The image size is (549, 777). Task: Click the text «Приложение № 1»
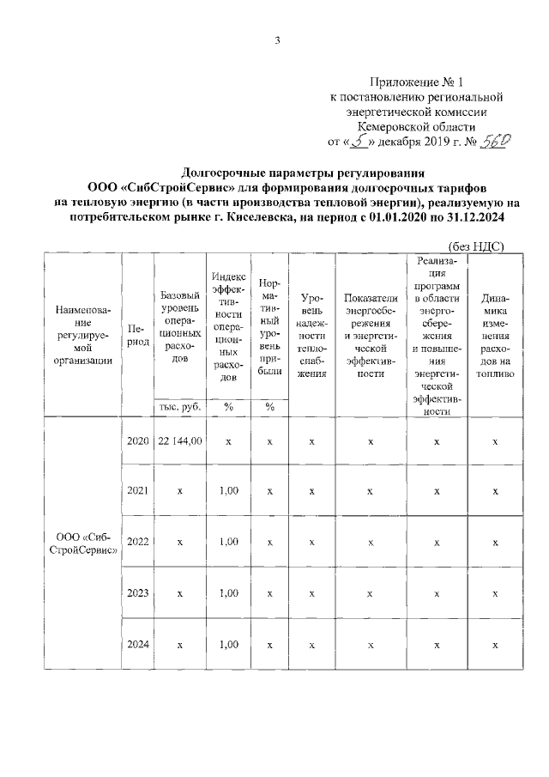point(415,82)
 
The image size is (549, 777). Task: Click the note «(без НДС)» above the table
point(476,246)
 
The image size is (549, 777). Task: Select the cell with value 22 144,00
point(179,441)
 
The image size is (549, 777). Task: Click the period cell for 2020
point(137,441)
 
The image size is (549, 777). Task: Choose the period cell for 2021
point(137,491)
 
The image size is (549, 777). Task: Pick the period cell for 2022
point(137,542)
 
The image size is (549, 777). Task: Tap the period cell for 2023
point(137,592)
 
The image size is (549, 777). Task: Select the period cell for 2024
point(137,643)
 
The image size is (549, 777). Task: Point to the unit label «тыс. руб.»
point(179,407)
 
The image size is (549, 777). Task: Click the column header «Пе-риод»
point(137,335)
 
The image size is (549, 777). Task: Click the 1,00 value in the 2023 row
point(228,592)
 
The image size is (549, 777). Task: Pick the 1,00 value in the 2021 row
point(228,491)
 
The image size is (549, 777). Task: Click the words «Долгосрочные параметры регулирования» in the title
point(276,170)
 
